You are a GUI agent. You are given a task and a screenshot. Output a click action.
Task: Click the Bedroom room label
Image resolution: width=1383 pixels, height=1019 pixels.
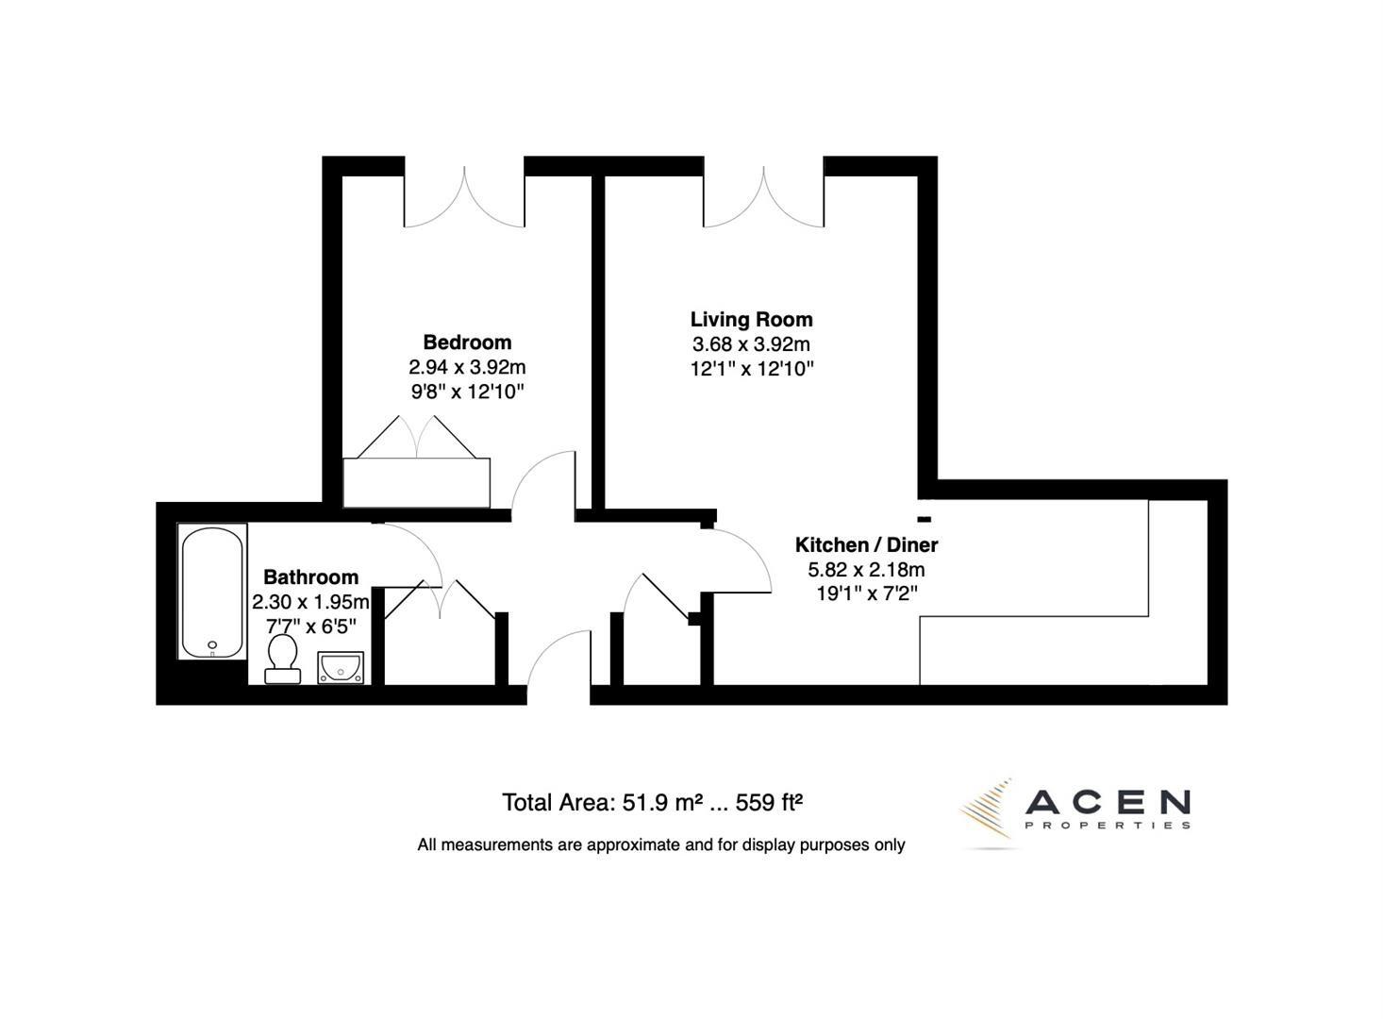[467, 342]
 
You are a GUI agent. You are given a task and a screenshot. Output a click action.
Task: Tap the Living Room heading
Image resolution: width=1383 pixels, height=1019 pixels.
[751, 320]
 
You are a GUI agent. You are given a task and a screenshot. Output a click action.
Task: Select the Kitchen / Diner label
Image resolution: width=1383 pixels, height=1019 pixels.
[866, 545]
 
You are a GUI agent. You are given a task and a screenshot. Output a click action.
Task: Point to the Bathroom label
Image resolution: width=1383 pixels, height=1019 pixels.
[310, 577]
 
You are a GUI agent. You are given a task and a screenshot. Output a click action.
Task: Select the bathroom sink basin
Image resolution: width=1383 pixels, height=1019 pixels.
[342, 667]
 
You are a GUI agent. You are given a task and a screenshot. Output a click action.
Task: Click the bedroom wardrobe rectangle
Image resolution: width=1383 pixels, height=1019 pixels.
[416, 483]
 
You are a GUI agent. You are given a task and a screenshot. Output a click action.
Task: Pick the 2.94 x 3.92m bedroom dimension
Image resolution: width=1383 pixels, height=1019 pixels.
[467, 367]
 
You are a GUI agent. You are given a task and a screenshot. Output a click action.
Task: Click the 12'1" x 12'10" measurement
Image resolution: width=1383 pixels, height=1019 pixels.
[751, 369]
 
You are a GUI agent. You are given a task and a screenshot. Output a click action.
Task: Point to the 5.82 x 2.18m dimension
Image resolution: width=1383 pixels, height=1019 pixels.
[866, 570]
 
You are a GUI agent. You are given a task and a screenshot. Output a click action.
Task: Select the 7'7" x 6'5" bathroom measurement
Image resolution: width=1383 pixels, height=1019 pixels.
[310, 626]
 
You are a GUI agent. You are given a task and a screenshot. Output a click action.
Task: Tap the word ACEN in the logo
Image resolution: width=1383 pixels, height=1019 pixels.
[1107, 803]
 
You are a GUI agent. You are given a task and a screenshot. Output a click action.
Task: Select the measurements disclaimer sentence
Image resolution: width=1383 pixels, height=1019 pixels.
[660, 845]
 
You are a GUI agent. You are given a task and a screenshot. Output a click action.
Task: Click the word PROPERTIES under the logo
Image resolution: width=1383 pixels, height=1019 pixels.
[1107, 826]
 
